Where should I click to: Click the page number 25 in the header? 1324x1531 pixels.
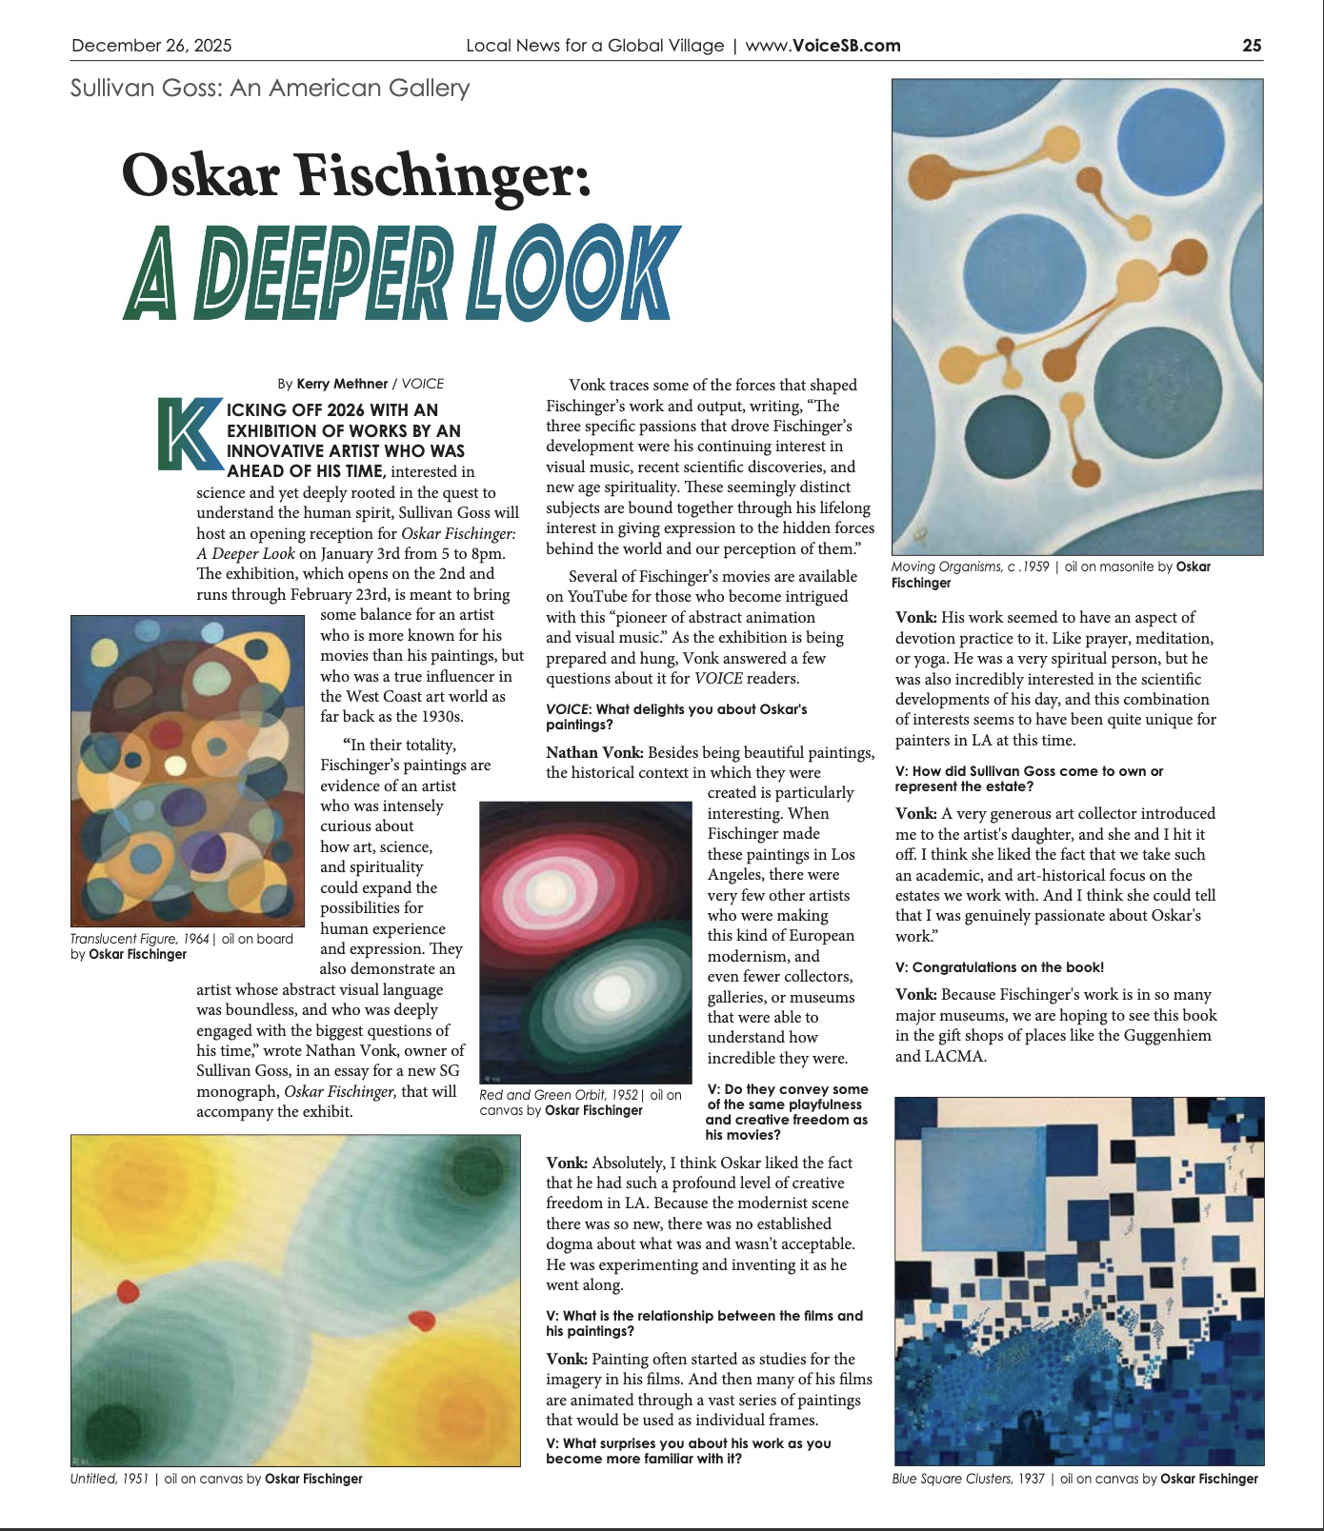point(1252,46)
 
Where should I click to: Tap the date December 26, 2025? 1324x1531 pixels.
point(151,46)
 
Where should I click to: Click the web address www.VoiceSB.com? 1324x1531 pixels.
point(822,46)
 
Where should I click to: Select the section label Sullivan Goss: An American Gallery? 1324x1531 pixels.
point(270,89)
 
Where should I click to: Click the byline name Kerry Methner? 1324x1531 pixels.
point(342,384)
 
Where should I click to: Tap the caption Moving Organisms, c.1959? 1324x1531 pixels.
point(970,567)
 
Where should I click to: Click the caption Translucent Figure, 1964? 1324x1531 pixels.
point(139,939)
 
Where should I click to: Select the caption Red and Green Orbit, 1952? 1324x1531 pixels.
point(558,1095)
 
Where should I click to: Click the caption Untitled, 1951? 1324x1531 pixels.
point(110,1479)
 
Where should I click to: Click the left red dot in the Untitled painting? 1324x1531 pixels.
point(128,1291)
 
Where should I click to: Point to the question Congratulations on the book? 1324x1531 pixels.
point(999,967)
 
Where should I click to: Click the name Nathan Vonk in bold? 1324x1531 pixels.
point(594,752)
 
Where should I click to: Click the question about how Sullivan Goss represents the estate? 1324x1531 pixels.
point(1029,779)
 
